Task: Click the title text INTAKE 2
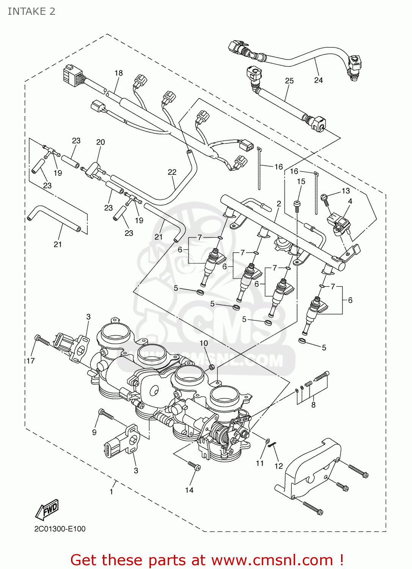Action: pyautogui.click(x=31, y=11)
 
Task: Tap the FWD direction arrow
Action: pyautogui.click(x=47, y=509)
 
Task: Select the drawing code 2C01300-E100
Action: pyautogui.click(x=60, y=529)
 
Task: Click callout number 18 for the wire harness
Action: pyautogui.click(x=119, y=73)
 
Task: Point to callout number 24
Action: pyautogui.click(x=318, y=80)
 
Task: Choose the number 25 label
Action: pyautogui.click(x=289, y=80)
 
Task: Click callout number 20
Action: pyautogui.click(x=101, y=142)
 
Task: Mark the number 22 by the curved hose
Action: pyautogui.click(x=172, y=172)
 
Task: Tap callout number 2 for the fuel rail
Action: pyautogui.click(x=279, y=204)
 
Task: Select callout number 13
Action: pyautogui.click(x=346, y=191)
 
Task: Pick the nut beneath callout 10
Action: pyautogui.click(x=212, y=367)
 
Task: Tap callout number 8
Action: pyautogui.click(x=313, y=405)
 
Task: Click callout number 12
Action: pyautogui.click(x=279, y=466)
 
